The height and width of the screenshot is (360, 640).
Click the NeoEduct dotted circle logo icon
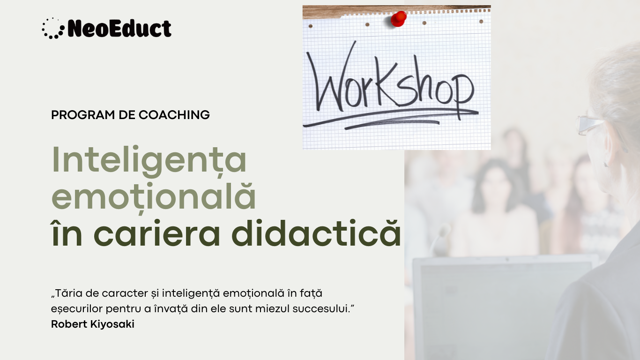click(53, 28)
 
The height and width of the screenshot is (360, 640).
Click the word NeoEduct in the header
click(119, 29)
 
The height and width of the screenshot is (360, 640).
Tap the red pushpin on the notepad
click(399, 19)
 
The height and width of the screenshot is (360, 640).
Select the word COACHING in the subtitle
click(174, 115)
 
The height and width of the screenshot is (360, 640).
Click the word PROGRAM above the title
click(83, 115)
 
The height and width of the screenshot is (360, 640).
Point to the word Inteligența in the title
click(149, 160)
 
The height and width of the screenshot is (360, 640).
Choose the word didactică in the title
click(316, 233)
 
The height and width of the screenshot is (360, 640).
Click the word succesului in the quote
click(323, 309)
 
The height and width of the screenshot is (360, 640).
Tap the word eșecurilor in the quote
click(76, 309)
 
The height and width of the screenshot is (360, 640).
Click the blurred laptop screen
click(505, 309)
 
